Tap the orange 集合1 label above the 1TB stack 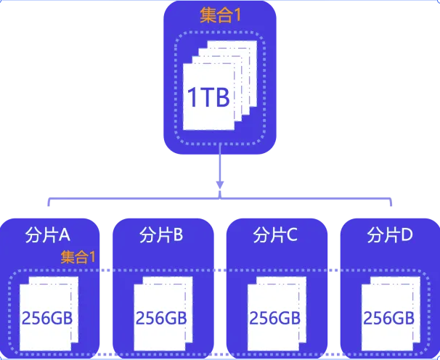(x=220, y=15)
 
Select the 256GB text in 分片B (x=161, y=317)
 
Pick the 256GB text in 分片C (x=275, y=317)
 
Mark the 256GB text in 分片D (x=388, y=317)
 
